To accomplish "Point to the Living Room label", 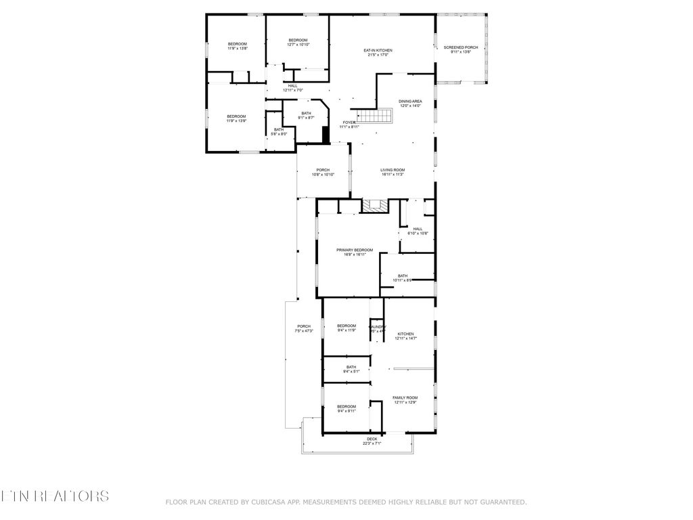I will [x=392, y=172].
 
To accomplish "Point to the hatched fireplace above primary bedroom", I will [x=375, y=206].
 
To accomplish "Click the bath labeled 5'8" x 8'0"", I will [x=279, y=131].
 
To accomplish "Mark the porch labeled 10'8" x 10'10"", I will [x=323, y=172].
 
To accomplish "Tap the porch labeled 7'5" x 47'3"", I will [x=303, y=328].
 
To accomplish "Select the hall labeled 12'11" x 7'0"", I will [x=292, y=87].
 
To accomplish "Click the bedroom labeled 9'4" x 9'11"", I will [x=346, y=408].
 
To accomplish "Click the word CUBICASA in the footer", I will [x=272, y=502].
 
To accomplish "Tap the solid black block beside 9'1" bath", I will [x=326, y=135].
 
